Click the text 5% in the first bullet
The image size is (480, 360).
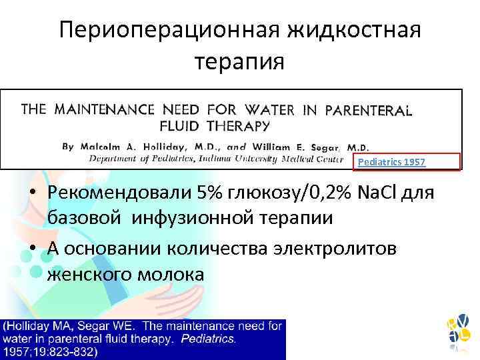click(213, 193)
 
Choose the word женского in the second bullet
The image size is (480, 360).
click(91, 273)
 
